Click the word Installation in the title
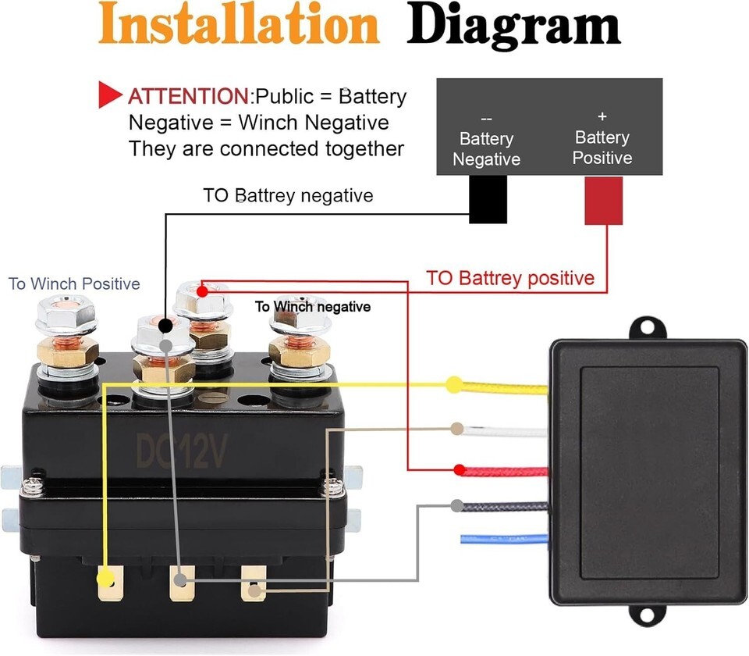tap(239, 24)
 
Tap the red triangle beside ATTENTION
tap(109, 95)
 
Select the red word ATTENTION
tap(187, 97)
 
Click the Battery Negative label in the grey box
tap(486, 148)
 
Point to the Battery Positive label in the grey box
tap(602, 147)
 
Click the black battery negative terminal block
tap(488, 199)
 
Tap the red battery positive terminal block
tap(603, 200)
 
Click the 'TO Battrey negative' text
tap(288, 195)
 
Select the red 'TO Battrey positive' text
tap(510, 278)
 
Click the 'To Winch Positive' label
tap(74, 283)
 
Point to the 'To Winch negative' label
tap(312, 307)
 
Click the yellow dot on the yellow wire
tap(453, 384)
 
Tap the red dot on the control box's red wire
tap(460, 470)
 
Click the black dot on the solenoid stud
tap(165, 323)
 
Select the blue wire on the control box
tap(503, 538)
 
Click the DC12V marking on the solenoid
tap(183, 451)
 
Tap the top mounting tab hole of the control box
tap(647, 327)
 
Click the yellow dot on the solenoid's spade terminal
tap(104, 579)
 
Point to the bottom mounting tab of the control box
tap(647, 618)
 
